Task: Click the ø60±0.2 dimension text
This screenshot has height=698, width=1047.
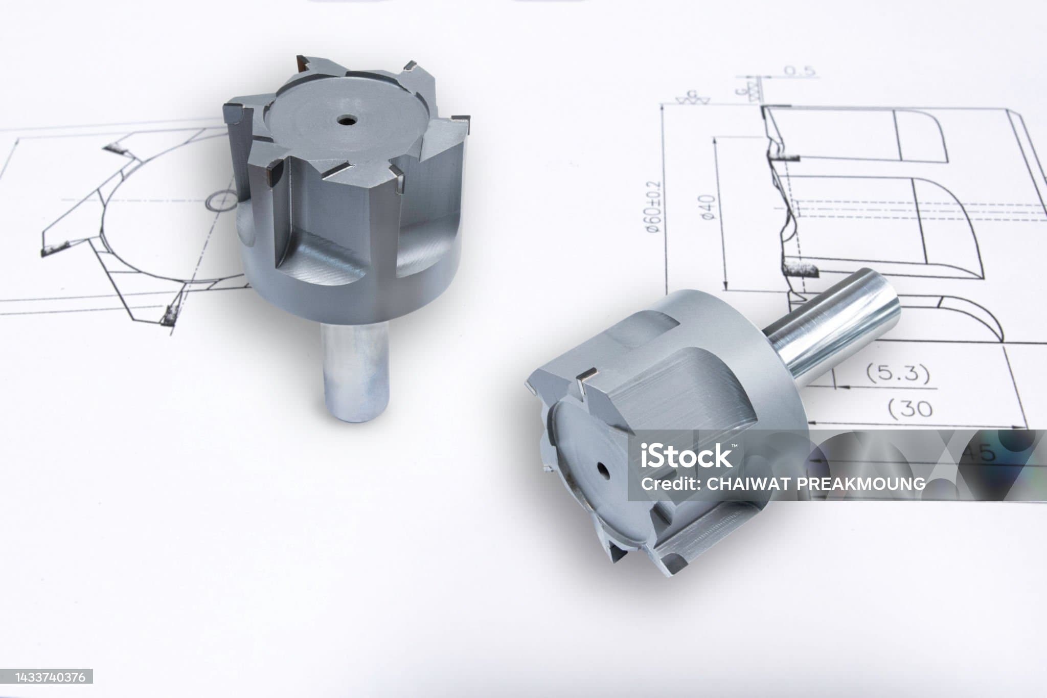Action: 654,207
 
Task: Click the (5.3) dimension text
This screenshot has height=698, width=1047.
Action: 898,374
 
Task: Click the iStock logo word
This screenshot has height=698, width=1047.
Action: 687,455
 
